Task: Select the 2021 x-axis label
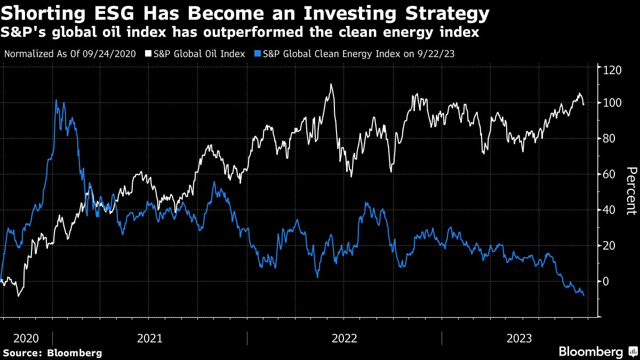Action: [150, 338]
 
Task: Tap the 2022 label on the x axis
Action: [345, 338]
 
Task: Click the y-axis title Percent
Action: [631, 191]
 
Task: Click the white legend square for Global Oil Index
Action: [149, 54]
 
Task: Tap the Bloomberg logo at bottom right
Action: [597, 351]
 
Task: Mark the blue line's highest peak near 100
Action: [57, 100]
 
